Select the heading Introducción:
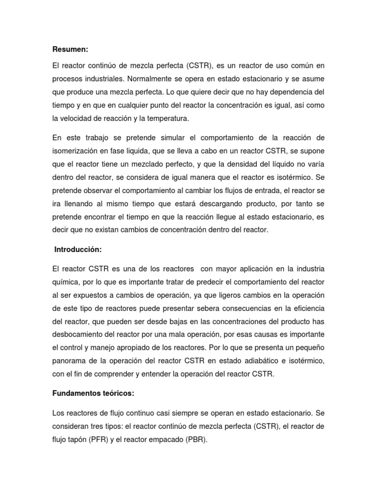coord(78,250)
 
